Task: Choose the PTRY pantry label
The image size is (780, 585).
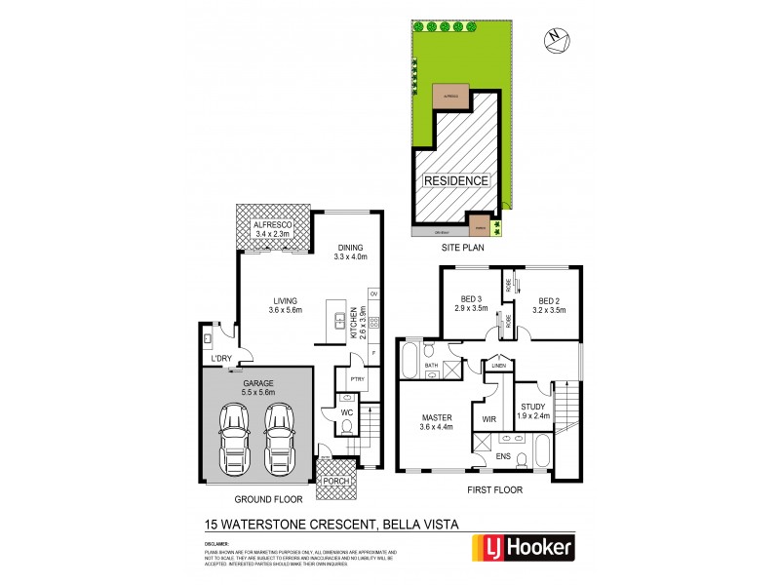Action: (x=348, y=380)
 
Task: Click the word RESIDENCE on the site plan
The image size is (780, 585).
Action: (x=455, y=181)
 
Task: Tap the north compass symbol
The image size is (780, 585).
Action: (x=557, y=37)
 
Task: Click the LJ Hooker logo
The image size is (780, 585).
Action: (x=523, y=547)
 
